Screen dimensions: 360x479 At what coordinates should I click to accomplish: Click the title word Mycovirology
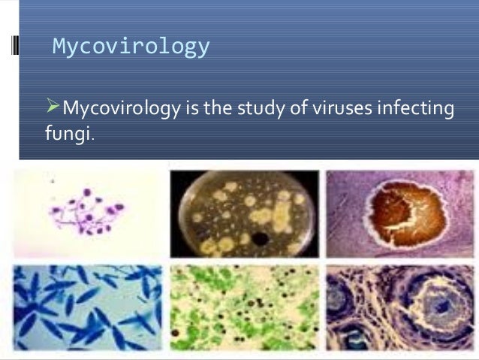[131, 47]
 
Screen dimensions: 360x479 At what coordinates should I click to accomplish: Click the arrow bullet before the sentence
[52, 108]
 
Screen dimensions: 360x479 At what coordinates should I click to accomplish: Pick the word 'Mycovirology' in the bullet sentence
[120, 110]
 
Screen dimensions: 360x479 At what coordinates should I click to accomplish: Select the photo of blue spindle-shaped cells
[87, 306]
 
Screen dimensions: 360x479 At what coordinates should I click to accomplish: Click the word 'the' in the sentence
[213, 110]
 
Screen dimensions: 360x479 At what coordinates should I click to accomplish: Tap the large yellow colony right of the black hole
[281, 218]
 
